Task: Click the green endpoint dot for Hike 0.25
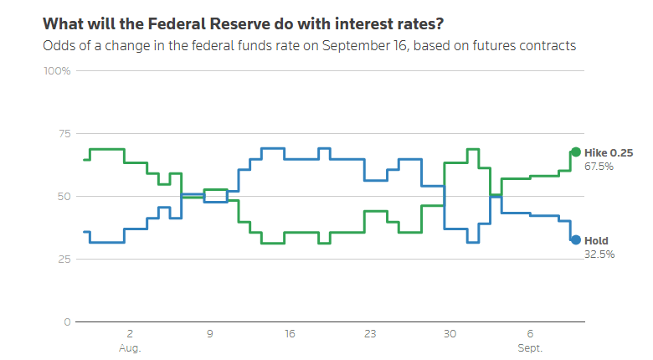coord(575,152)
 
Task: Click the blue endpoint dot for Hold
coord(575,240)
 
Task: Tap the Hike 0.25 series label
coord(609,153)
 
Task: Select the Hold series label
coord(596,241)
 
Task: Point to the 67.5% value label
coord(599,167)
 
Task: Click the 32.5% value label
coord(599,255)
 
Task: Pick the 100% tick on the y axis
coord(57,71)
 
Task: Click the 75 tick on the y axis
coord(64,134)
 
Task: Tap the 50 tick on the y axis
coord(64,197)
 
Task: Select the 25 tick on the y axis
coord(64,260)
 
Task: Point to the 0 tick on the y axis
coord(68,322)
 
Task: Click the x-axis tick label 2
coord(130,334)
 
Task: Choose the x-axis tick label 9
coord(210,334)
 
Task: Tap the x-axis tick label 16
coord(290,334)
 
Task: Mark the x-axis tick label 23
coord(370,334)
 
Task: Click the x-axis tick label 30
coord(450,334)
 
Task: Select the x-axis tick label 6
coord(530,334)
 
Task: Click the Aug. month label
coord(130,348)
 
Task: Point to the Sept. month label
coord(530,348)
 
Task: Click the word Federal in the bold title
coord(177,24)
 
